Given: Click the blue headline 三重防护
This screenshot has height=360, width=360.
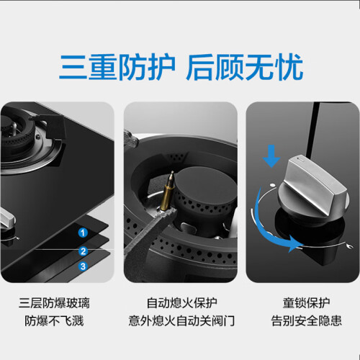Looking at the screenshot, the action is coord(117,67).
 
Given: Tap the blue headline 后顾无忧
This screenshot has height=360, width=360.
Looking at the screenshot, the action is coord(245,67).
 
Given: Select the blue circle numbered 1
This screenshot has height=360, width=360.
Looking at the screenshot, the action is coord(83,233).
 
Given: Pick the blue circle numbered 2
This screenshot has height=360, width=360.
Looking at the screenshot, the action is coord(83,251).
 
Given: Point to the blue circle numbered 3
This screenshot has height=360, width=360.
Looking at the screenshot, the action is coord(83,266).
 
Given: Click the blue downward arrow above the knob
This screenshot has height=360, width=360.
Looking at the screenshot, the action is coord(271,156).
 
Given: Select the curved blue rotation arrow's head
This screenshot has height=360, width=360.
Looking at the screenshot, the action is coord(294,243).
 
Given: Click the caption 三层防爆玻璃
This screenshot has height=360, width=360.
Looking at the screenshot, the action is coord(54,303).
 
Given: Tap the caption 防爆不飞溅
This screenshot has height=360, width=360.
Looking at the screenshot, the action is coord(54,321).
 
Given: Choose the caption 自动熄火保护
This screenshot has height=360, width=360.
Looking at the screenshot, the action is coord(182,303).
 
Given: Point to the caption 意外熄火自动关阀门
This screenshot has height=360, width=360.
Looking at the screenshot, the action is coord(181,321).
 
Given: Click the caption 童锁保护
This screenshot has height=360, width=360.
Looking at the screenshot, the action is coord(306,303).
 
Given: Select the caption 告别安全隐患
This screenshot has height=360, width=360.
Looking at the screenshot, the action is coord(306,321).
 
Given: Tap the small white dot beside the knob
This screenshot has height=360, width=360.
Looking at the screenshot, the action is coord(273,185).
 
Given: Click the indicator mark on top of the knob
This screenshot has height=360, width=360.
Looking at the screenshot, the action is coord(300,158).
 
